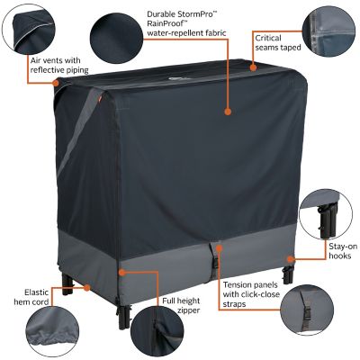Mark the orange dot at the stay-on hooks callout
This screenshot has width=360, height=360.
point(289,258)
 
